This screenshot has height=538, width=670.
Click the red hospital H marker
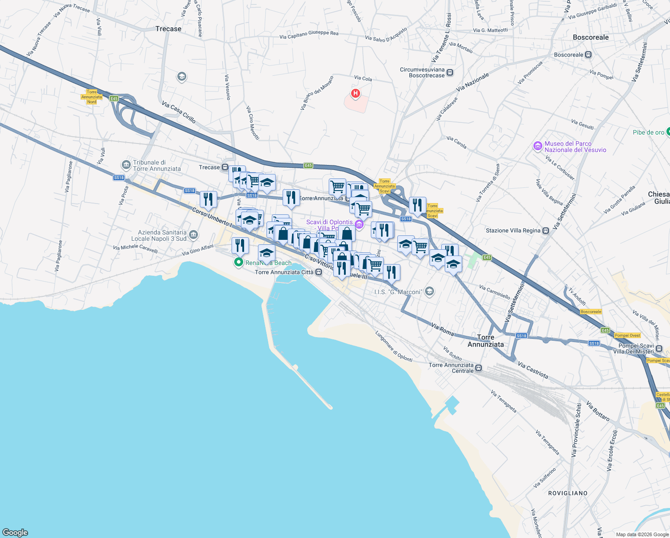356,93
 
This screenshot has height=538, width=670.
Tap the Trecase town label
168,29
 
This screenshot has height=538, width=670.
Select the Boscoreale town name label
591,37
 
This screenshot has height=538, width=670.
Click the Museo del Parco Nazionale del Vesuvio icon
537,147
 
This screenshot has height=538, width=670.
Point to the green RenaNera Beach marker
239,263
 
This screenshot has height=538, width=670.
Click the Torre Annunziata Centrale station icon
479,368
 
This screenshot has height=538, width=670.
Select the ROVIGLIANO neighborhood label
567,493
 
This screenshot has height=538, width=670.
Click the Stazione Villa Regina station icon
545,231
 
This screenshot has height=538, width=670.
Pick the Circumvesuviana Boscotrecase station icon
450,73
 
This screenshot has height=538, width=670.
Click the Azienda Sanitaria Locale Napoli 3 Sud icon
193,234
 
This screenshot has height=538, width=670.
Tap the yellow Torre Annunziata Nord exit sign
92,97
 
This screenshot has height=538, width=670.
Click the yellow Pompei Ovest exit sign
627,335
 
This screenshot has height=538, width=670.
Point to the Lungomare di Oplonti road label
394,347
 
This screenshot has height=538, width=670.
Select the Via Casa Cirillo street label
179,112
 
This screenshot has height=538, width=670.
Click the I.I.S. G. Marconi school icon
429,292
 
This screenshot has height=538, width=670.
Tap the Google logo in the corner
15,532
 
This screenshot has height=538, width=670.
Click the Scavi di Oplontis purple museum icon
359,224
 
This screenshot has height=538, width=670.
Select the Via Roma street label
442,329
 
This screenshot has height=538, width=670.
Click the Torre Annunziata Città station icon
318,272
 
